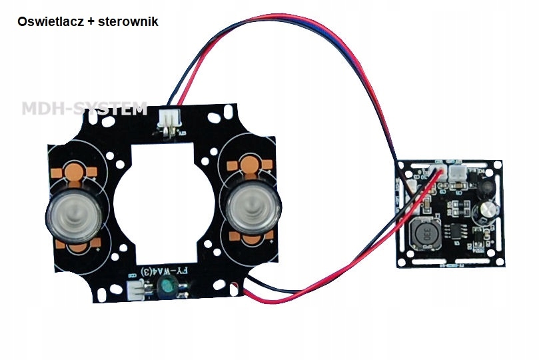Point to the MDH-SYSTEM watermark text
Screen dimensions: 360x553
[x=84, y=109]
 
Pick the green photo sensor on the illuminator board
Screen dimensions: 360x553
[x=166, y=289]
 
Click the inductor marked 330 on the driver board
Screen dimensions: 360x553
[x=423, y=235]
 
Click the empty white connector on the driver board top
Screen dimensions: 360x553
[x=459, y=175]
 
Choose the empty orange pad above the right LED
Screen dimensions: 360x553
[x=250, y=163]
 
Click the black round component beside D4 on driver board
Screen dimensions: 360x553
[x=486, y=187]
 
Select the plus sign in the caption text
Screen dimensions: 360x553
[x=89, y=21]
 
